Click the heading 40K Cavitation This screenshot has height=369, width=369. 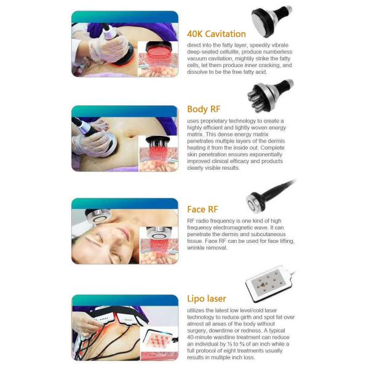[216, 34]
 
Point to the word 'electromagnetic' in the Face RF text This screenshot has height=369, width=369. [227, 228]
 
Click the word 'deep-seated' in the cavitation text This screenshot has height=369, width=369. [204, 52]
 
